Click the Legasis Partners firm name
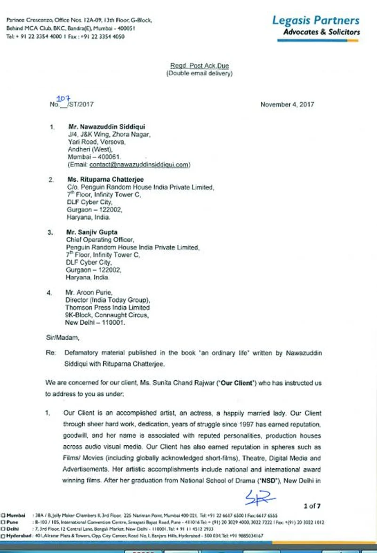tap(315, 20)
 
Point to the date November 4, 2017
tap(287, 104)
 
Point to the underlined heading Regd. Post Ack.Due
tap(200, 66)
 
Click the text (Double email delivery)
tap(200, 73)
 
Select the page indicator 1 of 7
tap(312, 506)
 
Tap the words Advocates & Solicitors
tap(321, 32)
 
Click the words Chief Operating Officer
tap(96, 240)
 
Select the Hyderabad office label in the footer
tap(18, 536)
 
